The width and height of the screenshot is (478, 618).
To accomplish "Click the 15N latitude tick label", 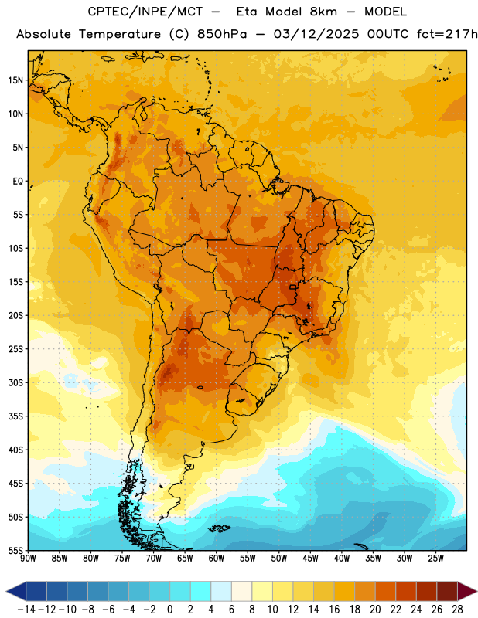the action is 15,80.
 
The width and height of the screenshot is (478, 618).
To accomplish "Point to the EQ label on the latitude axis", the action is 18,182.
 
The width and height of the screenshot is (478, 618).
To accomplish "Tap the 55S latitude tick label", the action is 15,551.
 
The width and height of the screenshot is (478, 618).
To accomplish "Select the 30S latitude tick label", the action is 15,382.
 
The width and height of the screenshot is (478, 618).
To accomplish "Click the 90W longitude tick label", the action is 29,559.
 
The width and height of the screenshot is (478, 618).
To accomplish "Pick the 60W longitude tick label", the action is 217,559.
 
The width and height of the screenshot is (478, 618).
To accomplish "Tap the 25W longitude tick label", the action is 435,559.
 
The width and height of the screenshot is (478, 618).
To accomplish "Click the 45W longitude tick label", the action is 310,559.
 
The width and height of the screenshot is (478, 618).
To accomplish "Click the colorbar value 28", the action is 457,610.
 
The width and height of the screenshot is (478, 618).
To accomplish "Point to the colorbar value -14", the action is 26,610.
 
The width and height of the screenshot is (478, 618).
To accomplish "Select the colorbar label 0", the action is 170,610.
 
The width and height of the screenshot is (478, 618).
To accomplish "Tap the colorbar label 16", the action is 334,610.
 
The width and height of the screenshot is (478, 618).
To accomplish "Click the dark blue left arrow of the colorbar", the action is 16,591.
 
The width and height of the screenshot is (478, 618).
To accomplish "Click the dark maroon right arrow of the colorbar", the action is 467,591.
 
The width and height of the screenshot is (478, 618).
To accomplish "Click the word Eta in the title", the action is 247,12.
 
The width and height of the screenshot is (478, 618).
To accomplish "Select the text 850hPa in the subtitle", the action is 222,34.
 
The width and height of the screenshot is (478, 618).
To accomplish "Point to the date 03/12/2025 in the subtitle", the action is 316,34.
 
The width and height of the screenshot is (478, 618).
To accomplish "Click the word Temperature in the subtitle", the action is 120,34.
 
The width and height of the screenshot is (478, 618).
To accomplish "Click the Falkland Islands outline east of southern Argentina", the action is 219,528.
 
